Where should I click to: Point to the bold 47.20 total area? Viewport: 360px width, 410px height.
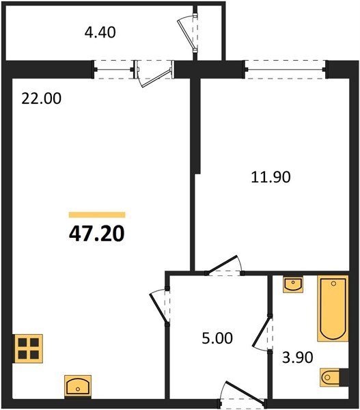tap(96, 235)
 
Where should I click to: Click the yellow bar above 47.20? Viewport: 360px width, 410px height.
tap(96, 215)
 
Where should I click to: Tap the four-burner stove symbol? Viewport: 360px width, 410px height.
tap(28, 348)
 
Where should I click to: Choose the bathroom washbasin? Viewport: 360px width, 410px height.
tap(292, 284)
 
